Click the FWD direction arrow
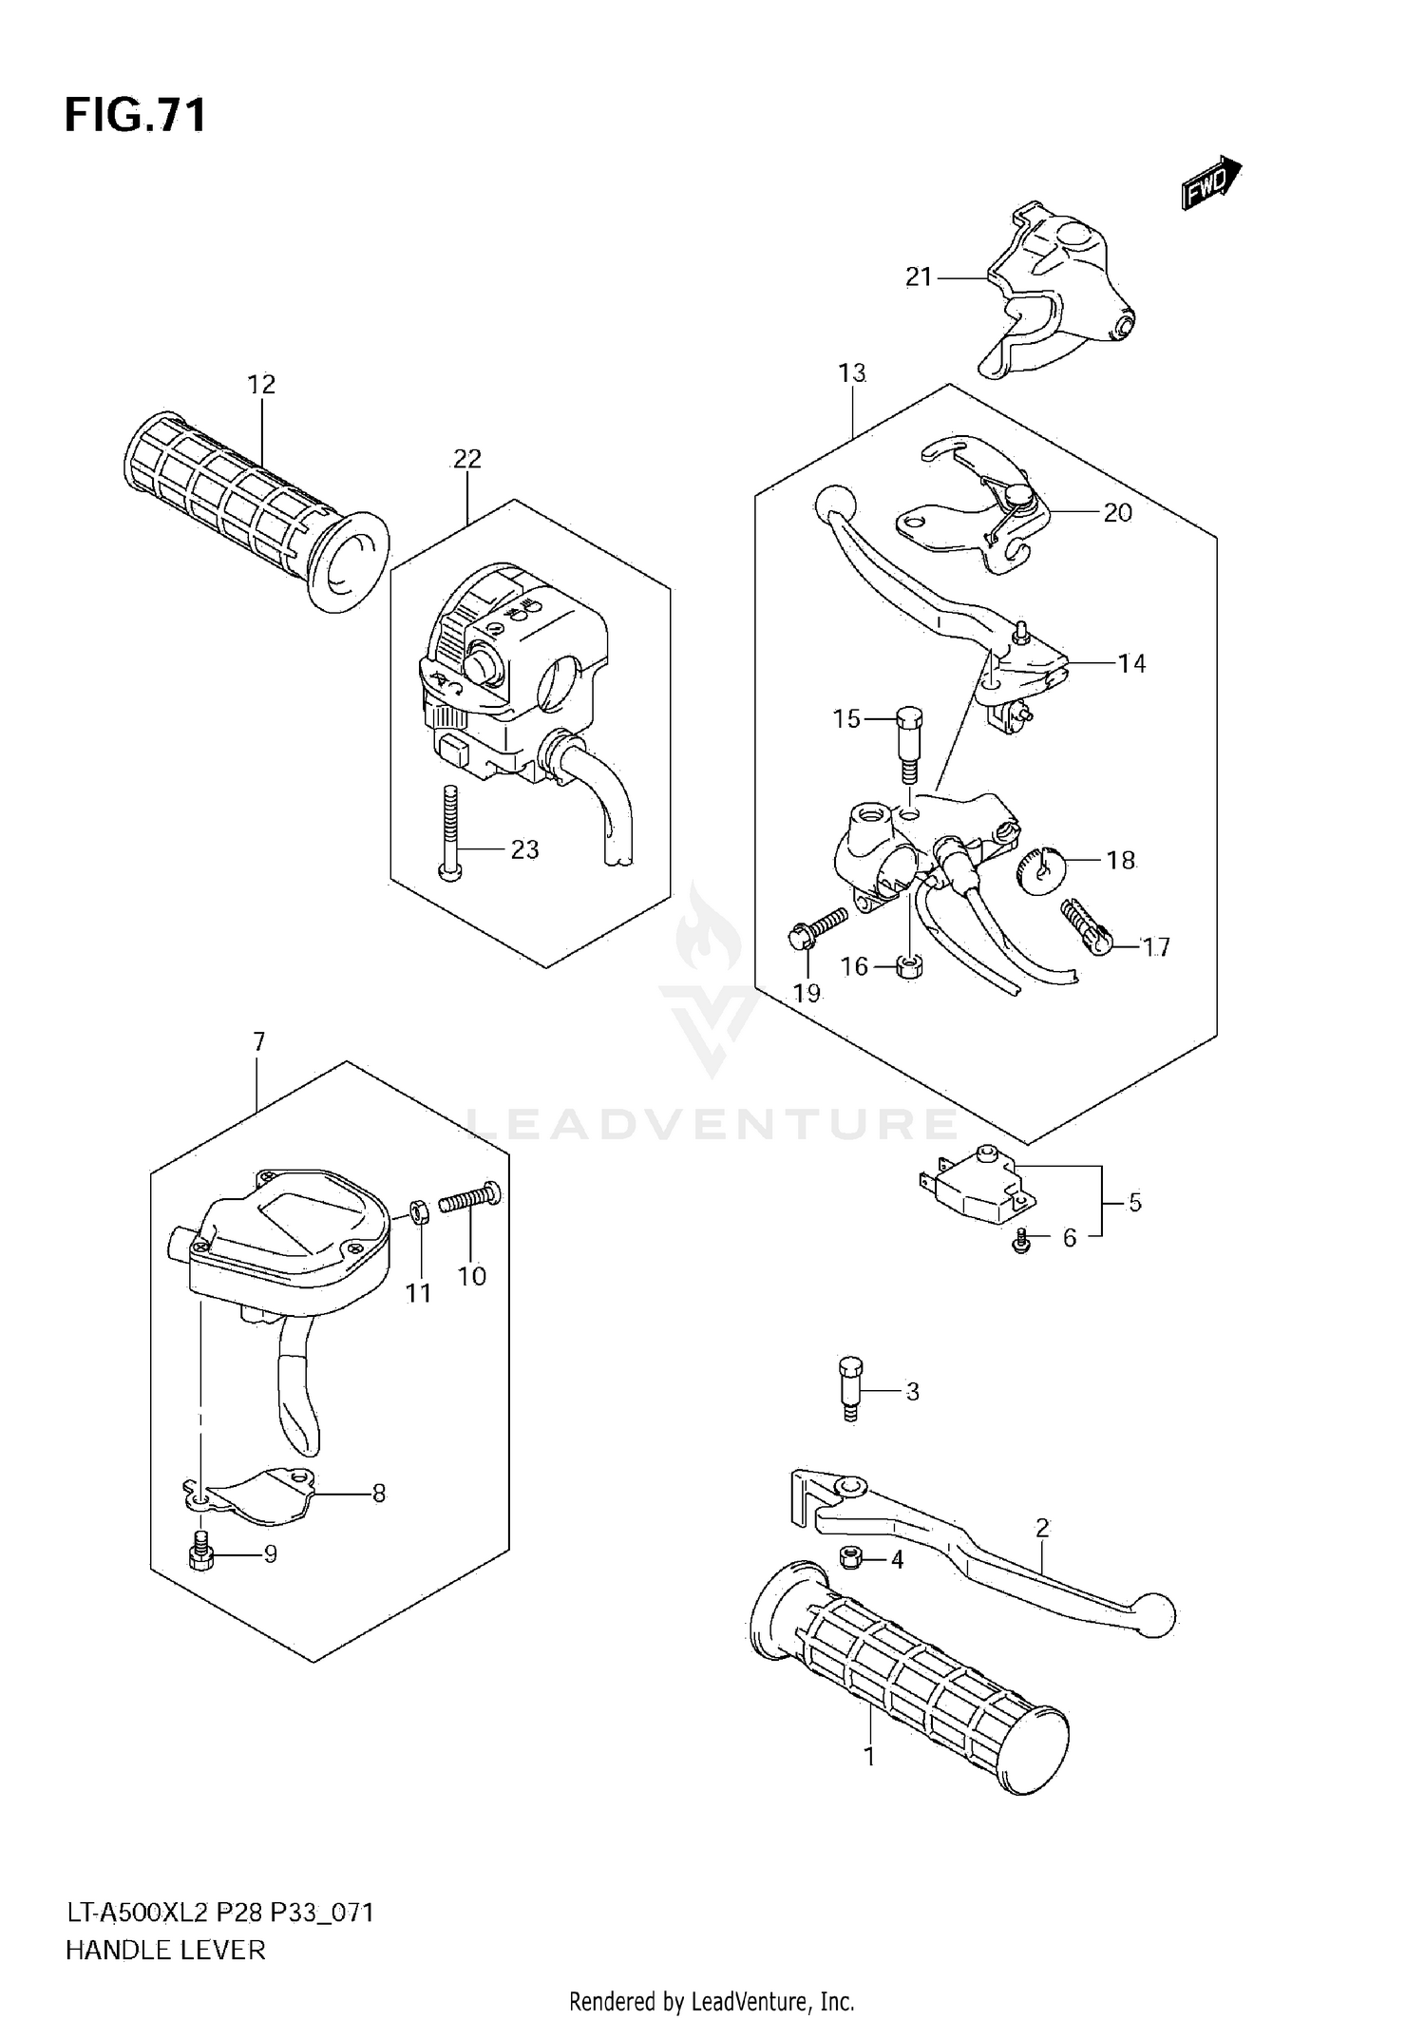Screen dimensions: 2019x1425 click(1211, 183)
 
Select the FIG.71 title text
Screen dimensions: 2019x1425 click(136, 116)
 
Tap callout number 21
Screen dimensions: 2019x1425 click(918, 277)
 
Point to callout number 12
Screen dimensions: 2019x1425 click(261, 385)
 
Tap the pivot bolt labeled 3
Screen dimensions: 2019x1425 click(850, 1390)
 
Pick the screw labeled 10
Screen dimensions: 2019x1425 click(470, 1199)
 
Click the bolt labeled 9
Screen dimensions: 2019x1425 click(200, 1553)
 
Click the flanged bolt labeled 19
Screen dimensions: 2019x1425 click(815, 929)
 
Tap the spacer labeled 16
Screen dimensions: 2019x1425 click(910, 969)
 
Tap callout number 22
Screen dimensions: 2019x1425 click(466, 459)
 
